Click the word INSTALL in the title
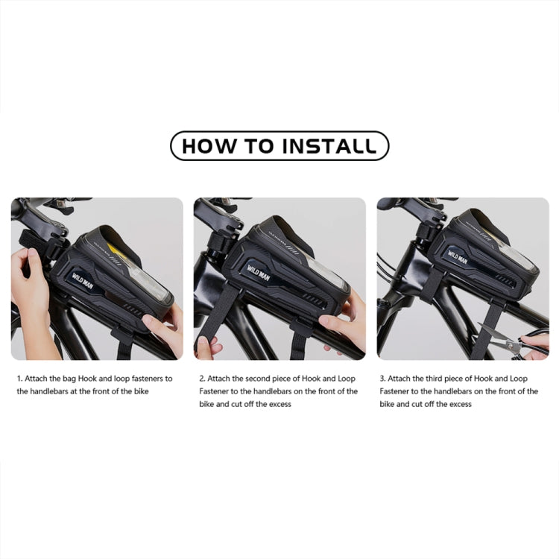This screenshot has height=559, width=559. [x=329, y=146]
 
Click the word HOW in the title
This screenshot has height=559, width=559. [x=206, y=146]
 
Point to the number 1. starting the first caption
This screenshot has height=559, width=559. [x=19, y=379]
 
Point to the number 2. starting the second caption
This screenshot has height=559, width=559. [x=202, y=379]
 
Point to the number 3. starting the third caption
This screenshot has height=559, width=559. [x=383, y=379]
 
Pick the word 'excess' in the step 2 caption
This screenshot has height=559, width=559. [x=277, y=404]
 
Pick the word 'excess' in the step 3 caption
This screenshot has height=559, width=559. [x=458, y=404]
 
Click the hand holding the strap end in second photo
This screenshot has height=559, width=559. [x=206, y=347]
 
